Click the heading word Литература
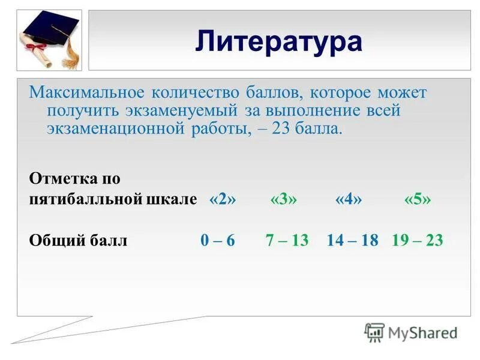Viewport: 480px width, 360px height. click(278, 41)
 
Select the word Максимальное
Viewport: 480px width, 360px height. click(86, 94)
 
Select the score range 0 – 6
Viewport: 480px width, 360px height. click(217, 241)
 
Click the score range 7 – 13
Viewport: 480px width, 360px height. click(287, 241)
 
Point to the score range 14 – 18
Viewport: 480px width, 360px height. click(352, 241)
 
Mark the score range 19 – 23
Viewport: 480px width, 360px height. click(417, 241)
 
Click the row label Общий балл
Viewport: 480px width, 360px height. click(78, 241)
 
